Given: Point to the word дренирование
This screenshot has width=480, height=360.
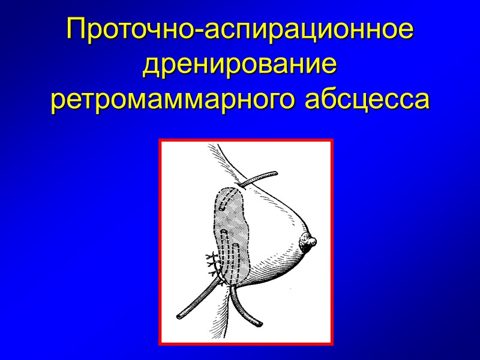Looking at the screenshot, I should (x=240, y=65).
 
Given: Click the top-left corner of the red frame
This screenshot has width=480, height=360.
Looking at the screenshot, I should (x=160, y=140).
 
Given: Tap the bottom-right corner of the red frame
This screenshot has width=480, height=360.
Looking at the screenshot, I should (x=332, y=344).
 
